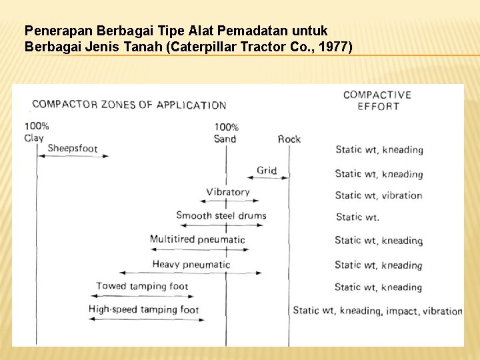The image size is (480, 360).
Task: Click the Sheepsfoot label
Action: coord(73,148)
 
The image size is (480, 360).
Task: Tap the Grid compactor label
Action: coord(267,170)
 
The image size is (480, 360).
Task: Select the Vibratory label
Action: coord(228,192)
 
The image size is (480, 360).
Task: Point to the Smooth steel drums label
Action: coord(221,215)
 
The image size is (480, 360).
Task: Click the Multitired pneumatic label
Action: coord(197,239)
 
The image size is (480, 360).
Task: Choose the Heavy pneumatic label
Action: coord(191,264)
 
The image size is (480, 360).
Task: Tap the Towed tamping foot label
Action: coord(142,286)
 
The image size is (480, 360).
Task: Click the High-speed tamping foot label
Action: coord(143,309)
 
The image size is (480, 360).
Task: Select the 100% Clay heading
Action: coord(36,132)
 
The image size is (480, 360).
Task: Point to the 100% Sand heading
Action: coord(226,133)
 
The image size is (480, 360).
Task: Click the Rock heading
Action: coord(289,139)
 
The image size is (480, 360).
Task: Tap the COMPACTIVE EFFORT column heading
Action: coord(377,100)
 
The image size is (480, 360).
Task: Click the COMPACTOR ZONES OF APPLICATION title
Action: coord(129,105)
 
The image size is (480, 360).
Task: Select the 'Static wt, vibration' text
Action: coord(379,195)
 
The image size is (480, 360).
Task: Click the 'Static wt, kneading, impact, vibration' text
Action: coord(377,311)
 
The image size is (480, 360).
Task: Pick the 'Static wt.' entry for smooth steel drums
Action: coord(357,217)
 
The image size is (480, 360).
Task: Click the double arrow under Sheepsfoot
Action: coord(73,156)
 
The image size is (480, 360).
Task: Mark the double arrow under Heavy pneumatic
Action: coord(190,273)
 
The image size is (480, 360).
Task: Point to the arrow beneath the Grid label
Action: coord(272,178)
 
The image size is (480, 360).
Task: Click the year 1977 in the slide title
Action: coord(335,47)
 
